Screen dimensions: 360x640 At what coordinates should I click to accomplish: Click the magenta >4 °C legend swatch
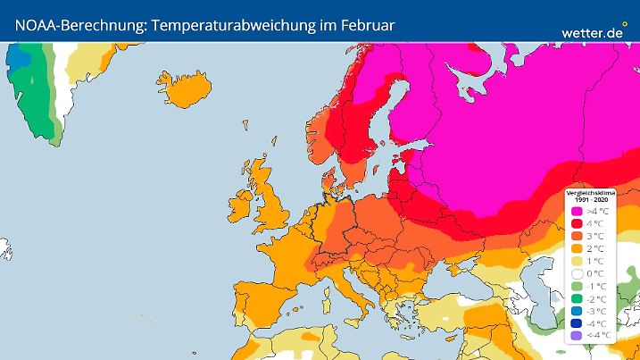click(x=577, y=210)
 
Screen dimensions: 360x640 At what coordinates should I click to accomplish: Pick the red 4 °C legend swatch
click(x=577, y=222)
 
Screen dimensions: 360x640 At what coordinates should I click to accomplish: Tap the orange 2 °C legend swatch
click(x=577, y=247)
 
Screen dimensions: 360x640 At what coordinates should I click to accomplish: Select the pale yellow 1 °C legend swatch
click(x=577, y=260)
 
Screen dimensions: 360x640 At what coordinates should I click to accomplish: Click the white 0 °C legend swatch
click(x=577, y=272)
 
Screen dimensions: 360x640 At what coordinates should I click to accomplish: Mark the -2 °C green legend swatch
click(x=577, y=297)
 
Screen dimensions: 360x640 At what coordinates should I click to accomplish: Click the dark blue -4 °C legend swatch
click(x=577, y=322)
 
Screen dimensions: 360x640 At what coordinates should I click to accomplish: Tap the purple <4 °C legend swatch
click(x=577, y=335)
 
